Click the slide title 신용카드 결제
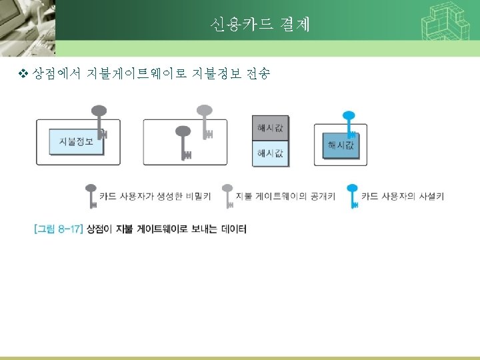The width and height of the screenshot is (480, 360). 259,25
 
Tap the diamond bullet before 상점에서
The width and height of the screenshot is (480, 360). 24,75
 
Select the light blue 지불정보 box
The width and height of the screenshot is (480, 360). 76,141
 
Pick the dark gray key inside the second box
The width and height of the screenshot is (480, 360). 183,141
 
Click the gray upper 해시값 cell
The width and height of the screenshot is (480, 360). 270,128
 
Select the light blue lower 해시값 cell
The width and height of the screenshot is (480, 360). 270,153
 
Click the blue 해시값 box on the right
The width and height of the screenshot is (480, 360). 341,145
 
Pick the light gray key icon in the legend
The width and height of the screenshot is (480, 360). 227,195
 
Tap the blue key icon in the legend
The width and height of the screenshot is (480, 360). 351,195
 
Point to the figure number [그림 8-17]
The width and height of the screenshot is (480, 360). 58,229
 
